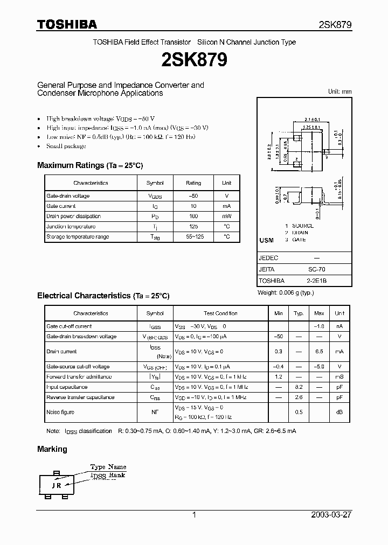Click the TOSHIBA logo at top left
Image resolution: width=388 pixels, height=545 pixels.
point(66,24)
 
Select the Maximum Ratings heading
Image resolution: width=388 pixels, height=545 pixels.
point(89,165)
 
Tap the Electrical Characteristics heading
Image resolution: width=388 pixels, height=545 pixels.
point(103,296)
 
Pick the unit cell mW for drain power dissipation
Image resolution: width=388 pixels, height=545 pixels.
point(226,216)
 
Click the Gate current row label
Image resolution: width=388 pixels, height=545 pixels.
point(61,206)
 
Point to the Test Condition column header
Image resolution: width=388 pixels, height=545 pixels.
point(220,313)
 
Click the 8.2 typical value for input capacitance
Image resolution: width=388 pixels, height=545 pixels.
point(299,387)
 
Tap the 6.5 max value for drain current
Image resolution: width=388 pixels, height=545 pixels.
point(319,351)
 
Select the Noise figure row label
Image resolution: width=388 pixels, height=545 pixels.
point(60,412)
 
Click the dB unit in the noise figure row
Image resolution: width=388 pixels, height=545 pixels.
point(339,412)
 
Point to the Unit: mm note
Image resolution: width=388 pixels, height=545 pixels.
point(339,92)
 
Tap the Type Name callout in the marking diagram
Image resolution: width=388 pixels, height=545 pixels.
point(108,466)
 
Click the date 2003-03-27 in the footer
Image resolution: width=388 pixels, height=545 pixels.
point(331,515)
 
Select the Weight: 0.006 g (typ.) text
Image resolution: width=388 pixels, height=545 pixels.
point(286,292)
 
